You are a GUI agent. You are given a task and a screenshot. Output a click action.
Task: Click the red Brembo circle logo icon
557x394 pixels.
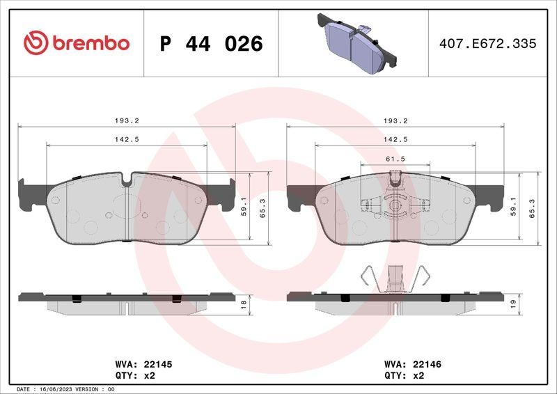click(x=36, y=43)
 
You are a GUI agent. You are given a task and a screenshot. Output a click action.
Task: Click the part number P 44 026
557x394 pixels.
click(x=211, y=44)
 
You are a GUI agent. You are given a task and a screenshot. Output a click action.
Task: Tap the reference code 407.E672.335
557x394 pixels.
click(x=487, y=44)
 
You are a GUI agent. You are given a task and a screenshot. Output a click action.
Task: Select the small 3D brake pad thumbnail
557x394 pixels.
click(x=356, y=43)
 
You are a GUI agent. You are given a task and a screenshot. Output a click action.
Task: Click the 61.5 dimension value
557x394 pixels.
click(x=395, y=159)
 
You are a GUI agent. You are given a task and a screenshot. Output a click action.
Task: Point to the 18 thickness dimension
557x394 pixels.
click(x=243, y=303)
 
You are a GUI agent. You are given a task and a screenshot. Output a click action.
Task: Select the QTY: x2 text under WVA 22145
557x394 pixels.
click(x=134, y=375)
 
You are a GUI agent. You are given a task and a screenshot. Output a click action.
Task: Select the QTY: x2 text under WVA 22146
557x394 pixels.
click(x=404, y=375)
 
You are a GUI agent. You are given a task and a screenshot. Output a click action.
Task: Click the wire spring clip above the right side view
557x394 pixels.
click(x=395, y=278)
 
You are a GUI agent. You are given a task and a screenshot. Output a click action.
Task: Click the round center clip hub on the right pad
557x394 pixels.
click(x=395, y=206)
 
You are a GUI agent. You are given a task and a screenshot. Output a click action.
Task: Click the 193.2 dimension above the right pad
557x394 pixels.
click(x=395, y=120)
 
